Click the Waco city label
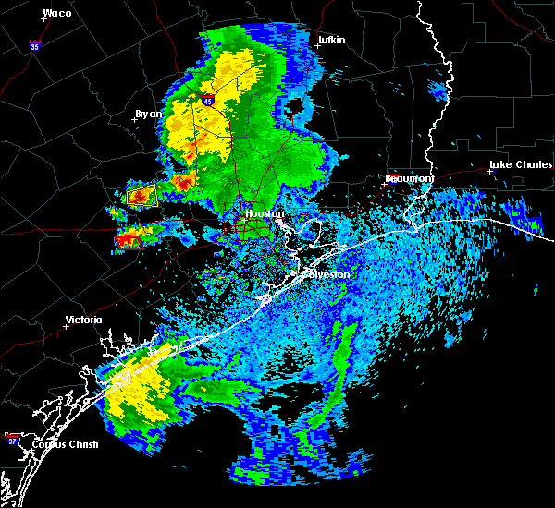pyautogui.click(x=57, y=13)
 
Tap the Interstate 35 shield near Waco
pyautogui.click(x=34, y=44)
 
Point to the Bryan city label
pyautogui.click(x=148, y=114)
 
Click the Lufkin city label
pyautogui.click(x=330, y=41)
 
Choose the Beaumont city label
pyautogui.click(x=409, y=177)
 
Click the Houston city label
pyautogui.click(x=264, y=213)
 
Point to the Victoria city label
pyautogui.click(x=83, y=321)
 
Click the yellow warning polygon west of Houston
pyautogui.click(x=142, y=196)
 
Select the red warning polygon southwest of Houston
pyautogui.click(x=128, y=240)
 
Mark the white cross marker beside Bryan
pyautogui.click(x=134, y=119)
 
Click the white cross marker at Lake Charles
pyautogui.click(x=489, y=171)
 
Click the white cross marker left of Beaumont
pyautogui.click(x=384, y=183)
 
